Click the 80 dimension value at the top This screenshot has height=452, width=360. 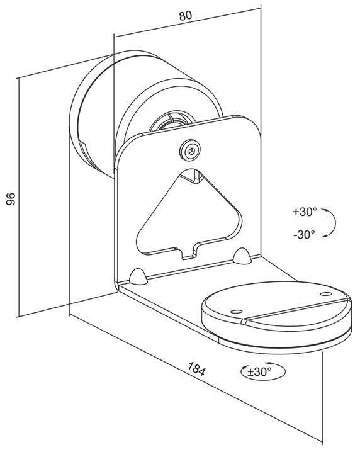186,16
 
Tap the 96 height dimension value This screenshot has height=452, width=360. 11,198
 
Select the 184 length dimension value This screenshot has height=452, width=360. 196,368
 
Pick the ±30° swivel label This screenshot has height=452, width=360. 259,371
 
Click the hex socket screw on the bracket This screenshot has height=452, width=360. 191,150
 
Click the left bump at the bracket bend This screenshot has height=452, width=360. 138,276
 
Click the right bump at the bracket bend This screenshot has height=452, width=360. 242,255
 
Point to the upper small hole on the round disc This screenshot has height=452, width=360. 326,294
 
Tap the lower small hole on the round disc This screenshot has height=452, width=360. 236,312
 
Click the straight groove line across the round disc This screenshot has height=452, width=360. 297,310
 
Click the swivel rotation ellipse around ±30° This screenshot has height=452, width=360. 262,371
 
